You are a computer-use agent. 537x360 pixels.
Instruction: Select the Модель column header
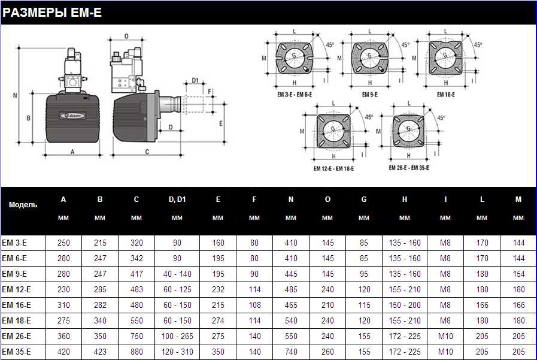[x=23, y=204]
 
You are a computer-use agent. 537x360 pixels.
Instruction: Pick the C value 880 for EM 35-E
[x=136, y=352]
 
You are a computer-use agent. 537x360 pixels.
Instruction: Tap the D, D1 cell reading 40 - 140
[x=177, y=274]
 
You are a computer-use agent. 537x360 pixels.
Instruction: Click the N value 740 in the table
[x=291, y=352]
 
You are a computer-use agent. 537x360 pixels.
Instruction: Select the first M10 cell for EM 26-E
[x=445, y=336]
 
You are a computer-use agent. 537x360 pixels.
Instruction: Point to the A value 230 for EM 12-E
[x=63, y=289]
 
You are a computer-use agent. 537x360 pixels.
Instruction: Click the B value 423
[x=100, y=352]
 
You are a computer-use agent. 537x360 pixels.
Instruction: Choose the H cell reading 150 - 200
[x=405, y=305]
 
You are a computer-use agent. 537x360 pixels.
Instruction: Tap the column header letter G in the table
[x=364, y=199]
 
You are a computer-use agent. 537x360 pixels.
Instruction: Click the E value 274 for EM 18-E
[x=218, y=320]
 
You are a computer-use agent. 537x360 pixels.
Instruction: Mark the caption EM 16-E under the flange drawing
[x=445, y=95]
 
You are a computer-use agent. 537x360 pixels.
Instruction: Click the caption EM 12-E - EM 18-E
[x=334, y=169]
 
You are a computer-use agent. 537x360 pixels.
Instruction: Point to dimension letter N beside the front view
[x=15, y=95]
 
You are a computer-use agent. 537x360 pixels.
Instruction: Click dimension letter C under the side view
[x=147, y=152]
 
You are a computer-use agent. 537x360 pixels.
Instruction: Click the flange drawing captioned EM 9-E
[x=369, y=58]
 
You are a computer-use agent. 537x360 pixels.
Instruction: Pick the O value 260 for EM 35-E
[x=327, y=352]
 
